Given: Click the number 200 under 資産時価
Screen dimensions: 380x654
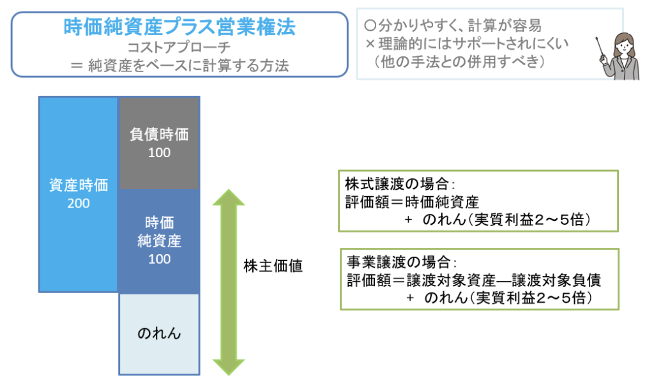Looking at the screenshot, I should (x=79, y=204).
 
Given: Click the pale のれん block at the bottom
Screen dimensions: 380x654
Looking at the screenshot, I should (x=159, y=333).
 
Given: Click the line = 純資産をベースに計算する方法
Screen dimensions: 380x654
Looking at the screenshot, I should (x=179, y=65).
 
